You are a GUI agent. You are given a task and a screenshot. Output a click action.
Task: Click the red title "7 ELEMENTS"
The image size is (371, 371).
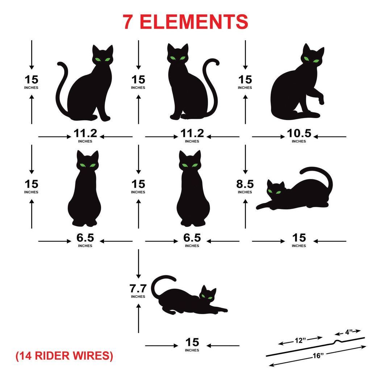(x=185, y=22)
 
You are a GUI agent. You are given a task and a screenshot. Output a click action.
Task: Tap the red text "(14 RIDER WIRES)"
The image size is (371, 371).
(x=64, y=356)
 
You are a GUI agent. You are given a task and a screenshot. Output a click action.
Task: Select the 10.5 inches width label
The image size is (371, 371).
(x=299, y=136)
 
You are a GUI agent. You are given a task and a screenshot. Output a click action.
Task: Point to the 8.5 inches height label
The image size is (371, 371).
(x=245, y=187)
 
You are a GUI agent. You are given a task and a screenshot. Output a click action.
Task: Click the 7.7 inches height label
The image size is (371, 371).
(x=138, y=291)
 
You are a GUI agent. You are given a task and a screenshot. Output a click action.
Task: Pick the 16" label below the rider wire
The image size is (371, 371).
(x=318, y=355)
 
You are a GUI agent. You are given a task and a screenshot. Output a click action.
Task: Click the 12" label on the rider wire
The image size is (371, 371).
(x=300, y=341)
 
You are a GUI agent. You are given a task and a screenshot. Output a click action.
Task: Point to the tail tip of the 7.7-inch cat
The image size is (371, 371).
(x=174, y=279)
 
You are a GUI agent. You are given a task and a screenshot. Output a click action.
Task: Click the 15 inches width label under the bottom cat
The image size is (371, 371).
(x=192, y=345)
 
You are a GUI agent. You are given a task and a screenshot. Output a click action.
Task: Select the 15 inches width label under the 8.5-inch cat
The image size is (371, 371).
(x=299, y=240)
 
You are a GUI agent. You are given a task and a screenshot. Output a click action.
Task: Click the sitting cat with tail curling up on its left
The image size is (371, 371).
(x=84, y=83)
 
